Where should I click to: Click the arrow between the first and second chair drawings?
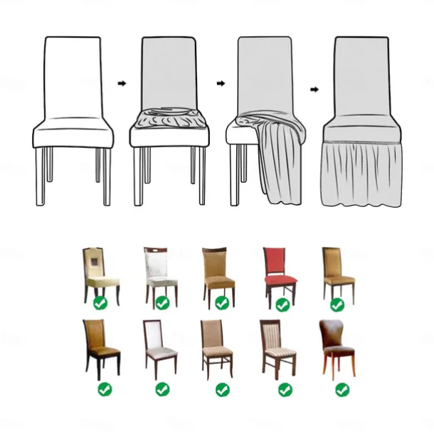point(122,83)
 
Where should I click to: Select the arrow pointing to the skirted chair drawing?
point(314,90)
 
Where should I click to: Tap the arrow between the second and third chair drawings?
point(221,83)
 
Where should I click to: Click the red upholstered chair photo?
point(278,272)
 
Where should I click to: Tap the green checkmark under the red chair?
point(282,305)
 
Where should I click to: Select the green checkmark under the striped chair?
point(285,389)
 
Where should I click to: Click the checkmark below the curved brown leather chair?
point(342,389)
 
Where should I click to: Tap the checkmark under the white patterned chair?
point(163,304)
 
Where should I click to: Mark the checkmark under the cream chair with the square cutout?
point(100,304)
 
